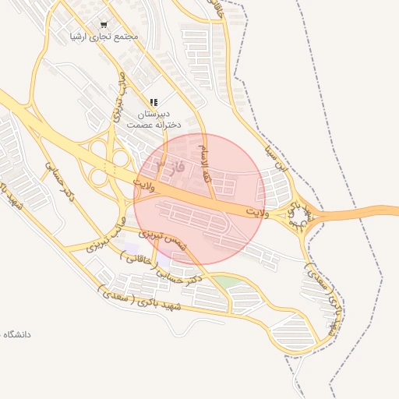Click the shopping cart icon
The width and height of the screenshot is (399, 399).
[104, 24]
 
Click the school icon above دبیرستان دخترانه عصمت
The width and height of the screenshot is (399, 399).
[154, 102]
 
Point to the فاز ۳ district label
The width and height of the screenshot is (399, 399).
[166, 167]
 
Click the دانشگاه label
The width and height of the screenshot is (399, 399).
[17, 334]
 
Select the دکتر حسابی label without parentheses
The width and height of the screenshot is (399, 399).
[59, 179]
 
